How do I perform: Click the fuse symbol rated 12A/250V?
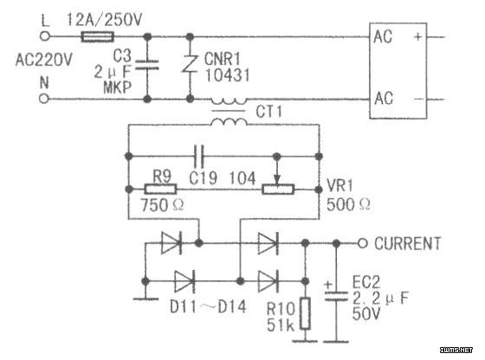(97, 36)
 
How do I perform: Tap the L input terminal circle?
(45, 36)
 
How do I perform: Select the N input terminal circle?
(44, 99)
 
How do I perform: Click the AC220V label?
(43, 60)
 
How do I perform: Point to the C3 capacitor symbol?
(147, 65)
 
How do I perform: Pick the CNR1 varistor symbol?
(190, 64)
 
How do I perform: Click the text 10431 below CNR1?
(227, 75)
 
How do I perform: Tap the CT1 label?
(268, 112)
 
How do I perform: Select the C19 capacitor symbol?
(199, 157)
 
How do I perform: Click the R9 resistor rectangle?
(160, 190)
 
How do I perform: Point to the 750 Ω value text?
(162, 205)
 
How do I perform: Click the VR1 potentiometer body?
(278, 190)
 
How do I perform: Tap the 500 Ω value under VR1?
(348, 204)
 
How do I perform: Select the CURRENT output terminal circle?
(363, 243)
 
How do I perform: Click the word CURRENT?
(407, 243)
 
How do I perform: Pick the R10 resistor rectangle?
(305, 313)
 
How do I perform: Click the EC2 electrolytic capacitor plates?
(336, 295)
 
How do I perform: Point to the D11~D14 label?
(208, 307)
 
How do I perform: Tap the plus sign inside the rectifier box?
(417, 36)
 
